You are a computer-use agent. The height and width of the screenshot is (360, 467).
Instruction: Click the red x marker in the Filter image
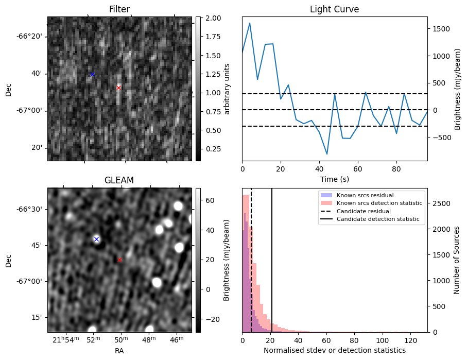[118, 88]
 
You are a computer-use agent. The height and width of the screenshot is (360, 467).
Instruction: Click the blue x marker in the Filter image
[92, 74]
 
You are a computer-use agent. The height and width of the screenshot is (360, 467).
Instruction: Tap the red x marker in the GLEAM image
[119, 260]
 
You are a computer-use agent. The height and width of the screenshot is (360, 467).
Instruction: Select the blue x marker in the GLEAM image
[96, 239]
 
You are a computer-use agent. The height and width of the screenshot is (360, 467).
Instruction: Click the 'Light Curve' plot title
[334, 9]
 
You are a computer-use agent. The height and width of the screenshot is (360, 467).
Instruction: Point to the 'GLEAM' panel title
[119, 180]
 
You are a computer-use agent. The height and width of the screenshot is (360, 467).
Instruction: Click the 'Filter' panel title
[119, 9]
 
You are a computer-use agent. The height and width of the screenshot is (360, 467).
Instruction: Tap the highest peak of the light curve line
[250, 23]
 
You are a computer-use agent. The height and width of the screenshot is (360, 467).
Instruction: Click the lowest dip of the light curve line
[327, 154]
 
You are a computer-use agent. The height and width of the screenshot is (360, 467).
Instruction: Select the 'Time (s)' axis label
[334, 179]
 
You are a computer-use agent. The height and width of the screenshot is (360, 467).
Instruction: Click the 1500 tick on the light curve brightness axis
[440, 29]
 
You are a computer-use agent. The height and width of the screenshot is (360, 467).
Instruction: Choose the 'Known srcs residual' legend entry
[364, 195]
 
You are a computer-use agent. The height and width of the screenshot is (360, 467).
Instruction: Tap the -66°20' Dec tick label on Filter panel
[30, 36]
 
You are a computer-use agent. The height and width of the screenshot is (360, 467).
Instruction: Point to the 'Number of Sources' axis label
[456, 260]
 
